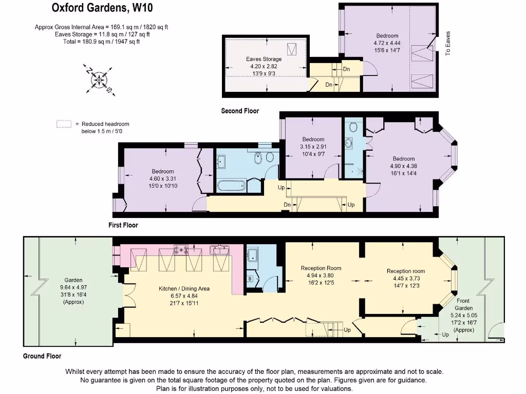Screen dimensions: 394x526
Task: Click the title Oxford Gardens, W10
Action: point(102,8)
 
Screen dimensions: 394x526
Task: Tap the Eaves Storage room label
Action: point(264,59)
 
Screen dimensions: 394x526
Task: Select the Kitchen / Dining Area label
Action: point(184,289)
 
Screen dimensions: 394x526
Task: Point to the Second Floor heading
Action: point(240,111)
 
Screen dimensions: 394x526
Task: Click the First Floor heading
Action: point(123,225)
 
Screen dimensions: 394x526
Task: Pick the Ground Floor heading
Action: point(42,356)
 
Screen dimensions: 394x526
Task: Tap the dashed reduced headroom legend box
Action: point(64,124)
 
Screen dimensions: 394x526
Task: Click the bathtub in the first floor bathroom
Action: point(232,185)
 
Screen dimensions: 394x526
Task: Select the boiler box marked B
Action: point(250,279)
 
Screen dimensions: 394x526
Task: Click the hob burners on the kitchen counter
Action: point(181,250)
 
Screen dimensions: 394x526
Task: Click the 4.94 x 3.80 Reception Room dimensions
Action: point(321,275)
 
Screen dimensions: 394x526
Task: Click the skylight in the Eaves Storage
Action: point(293,50)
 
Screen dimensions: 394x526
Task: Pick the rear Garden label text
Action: point(73,280)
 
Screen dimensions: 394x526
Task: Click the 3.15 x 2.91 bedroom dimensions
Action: point(313,146)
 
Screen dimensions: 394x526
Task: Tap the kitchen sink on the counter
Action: point(221,250)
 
